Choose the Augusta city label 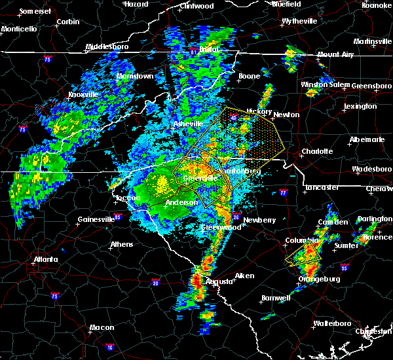(x=219, y=281)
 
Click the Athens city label (x=122, y=244)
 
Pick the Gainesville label (x=96, y=219)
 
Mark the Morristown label (x=135, y=76)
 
